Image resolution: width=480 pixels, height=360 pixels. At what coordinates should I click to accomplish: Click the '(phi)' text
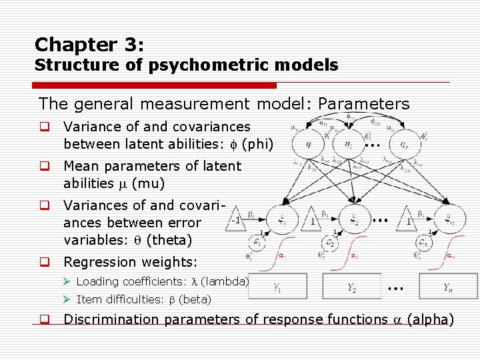point(257,144)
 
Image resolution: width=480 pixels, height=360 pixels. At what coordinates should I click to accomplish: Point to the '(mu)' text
point(150,183)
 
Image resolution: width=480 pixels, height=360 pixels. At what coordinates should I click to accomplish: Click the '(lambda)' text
point(229,281)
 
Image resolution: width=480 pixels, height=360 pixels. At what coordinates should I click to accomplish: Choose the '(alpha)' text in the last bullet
point(429,319)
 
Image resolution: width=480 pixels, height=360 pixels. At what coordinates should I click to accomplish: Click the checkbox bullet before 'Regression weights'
point(44,263)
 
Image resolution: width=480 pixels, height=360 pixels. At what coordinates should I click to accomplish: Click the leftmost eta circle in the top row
point(307,143)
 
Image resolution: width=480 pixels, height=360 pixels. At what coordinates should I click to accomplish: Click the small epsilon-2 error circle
point(329,242)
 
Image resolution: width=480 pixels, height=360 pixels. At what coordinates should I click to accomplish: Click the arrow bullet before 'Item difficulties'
point(69,300)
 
